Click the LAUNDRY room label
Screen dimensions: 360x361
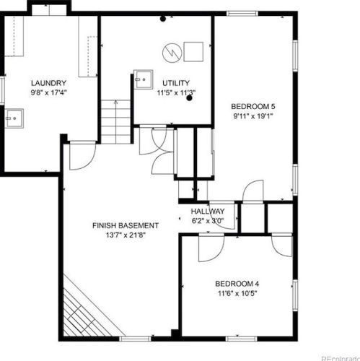click(48, 83)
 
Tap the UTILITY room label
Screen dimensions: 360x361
click(176, 83)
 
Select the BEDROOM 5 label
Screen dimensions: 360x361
click(253, 106)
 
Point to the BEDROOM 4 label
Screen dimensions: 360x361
click(237, 284)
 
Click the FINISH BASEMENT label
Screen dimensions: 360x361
click(126, 225)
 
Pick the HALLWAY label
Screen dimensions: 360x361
click(208, 212)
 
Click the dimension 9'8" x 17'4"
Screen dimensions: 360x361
click(48, 92)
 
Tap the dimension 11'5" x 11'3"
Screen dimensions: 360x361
click(176, 92)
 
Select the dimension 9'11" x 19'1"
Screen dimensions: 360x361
click(253, 116)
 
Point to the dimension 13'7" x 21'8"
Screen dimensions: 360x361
click(126, 235)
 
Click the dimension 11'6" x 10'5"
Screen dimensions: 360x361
click(237, 294)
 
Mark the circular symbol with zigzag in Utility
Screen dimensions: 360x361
click(172, 53)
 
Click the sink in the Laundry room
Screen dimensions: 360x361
click(14, 118)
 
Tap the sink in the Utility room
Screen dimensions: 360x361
click(144, 79)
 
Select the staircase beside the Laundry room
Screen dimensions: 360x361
click(115, 122)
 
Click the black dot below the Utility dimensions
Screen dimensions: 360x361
click(190, 98)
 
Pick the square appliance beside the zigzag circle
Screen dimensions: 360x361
click(193, 52)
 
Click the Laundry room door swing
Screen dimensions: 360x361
click(83, 156)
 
